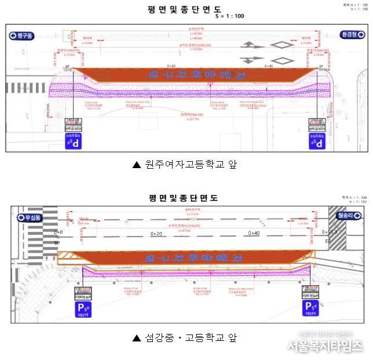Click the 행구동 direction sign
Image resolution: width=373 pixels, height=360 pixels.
[x=22, y=36]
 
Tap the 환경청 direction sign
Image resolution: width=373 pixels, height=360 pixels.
[x=351, y=35]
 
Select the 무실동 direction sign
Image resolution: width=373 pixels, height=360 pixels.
[x=30, y=218]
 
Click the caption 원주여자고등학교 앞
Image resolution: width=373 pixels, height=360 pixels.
[x=185, y=165]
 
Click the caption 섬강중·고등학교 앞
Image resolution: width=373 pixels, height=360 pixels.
[x=185, y=337]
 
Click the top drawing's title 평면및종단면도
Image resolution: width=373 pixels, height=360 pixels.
[x=185, y=9]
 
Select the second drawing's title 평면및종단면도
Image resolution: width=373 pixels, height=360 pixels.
[x=185, y=198]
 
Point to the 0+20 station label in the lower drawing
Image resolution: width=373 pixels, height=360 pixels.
[x=156, y=233]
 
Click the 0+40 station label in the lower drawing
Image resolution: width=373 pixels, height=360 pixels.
[x=254, y=233]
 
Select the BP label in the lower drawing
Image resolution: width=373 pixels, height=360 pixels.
[x=57, y=243]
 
